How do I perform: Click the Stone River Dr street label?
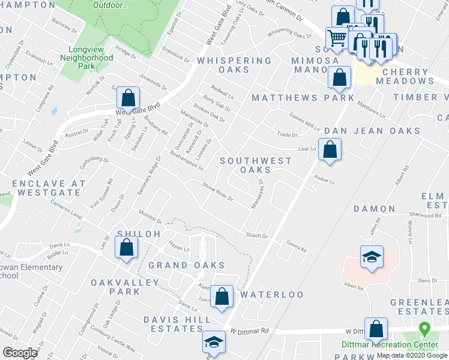[218, 194]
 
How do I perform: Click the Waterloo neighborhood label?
[272, 295]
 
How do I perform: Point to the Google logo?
[20, 352]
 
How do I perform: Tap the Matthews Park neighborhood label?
[303, 97]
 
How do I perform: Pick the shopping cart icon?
[337, 38]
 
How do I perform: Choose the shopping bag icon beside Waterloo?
[222, 296]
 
